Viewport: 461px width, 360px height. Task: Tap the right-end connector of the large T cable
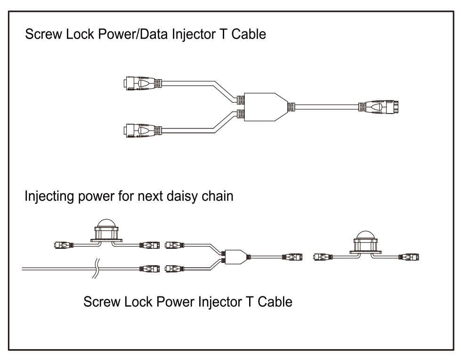click(379, 107)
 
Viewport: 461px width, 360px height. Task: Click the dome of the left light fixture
click(106, 223)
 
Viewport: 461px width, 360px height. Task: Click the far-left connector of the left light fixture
click(64, 245)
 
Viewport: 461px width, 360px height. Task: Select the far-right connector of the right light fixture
click(409, 257)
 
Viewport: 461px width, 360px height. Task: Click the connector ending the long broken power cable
click(150, 269)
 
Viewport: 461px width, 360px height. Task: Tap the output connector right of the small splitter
click(292, 257)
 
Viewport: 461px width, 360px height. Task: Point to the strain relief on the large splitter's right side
click(291, 107)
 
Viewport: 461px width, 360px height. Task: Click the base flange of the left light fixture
click(106, 241)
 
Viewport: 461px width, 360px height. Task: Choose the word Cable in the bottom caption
click(275, 302)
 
